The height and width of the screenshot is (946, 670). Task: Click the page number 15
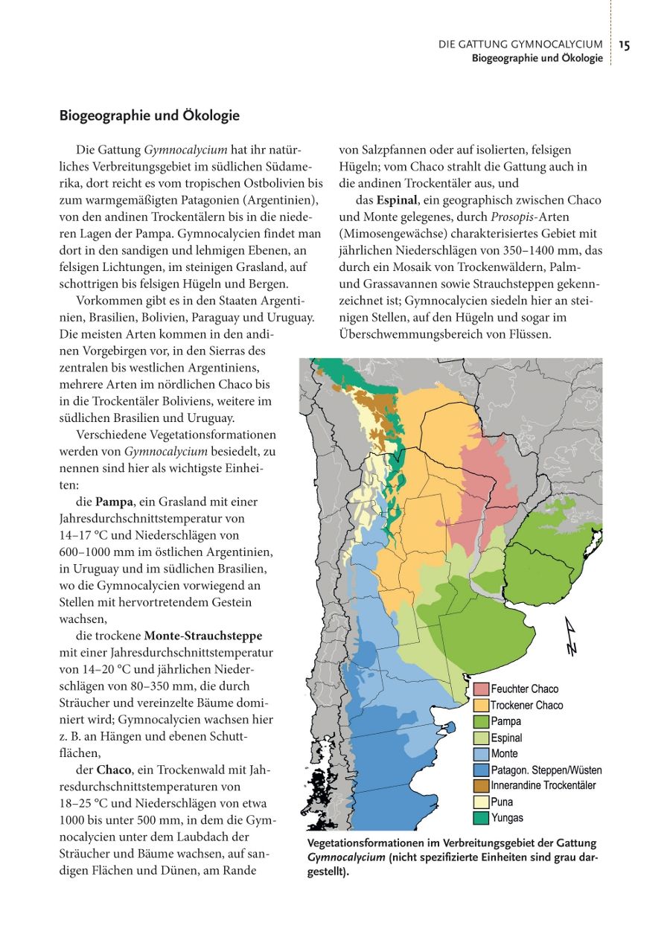click(624, 45)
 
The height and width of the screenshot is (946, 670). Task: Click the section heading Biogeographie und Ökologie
click(149, 116)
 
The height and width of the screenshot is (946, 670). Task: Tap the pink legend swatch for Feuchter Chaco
click(481, 689)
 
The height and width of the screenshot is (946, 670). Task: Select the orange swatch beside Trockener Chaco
click(481, 706)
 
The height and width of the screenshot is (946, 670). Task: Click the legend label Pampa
click(506, 721)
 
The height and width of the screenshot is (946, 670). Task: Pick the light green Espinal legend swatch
click(481, 738)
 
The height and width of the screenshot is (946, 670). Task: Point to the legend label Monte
click(505, 754)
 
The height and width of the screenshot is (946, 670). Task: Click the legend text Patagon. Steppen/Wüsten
click(546, 770)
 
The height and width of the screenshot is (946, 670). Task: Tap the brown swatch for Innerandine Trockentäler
click(481, 786)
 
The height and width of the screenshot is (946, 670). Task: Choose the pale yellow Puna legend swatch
click(481, 802)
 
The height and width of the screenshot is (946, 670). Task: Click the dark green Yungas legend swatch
click(481, 818)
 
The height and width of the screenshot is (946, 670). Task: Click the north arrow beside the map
click(572, 637)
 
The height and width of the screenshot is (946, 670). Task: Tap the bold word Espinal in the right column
click(396, 200)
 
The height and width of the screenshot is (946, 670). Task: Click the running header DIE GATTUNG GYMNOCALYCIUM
click(520, 45)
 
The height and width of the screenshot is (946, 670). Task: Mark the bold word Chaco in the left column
click(114, 770)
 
